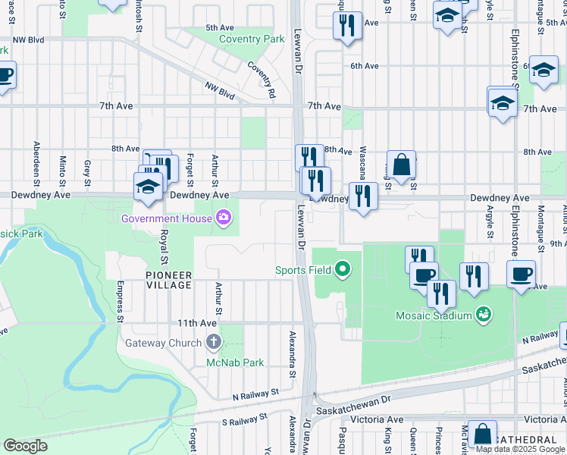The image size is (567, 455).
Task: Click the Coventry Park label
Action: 252,39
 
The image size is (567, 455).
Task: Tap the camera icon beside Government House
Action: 223,219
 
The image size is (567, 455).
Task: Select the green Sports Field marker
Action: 343,269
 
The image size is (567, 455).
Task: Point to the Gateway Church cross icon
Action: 214,342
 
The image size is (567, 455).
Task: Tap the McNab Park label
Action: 235,362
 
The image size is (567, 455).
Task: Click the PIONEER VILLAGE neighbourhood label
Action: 168,279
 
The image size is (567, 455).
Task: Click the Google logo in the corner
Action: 25,445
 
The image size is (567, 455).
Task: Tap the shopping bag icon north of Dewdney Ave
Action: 401,165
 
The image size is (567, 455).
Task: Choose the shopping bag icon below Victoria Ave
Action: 482,435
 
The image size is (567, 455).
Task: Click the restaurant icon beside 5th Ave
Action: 347,25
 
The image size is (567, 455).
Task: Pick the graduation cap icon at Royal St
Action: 148,187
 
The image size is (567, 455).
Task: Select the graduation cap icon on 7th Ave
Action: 502,102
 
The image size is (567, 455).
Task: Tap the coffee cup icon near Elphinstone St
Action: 521,275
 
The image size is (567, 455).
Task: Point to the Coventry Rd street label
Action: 260,80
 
